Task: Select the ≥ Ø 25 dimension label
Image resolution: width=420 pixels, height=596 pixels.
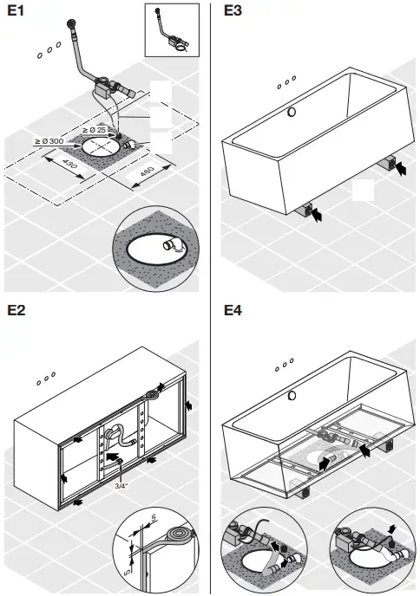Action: (94, 129)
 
